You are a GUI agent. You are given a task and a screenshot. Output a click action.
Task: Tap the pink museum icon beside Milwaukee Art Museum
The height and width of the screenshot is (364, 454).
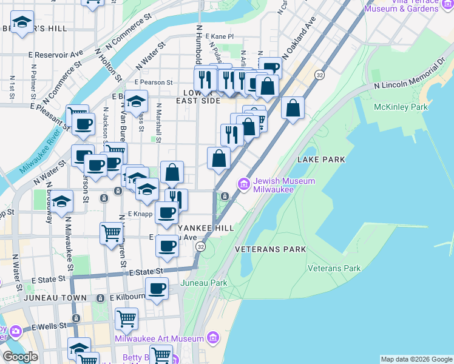coord(212,337)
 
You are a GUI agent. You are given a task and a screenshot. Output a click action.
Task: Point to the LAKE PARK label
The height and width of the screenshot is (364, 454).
coord(321,160)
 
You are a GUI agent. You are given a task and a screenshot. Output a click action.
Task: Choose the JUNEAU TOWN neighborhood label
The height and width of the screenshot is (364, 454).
coord(56,298)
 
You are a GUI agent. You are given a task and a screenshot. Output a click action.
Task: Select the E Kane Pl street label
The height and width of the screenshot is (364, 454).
coord(219,37)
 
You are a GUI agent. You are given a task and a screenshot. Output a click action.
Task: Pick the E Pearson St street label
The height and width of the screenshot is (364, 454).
coord(154,82)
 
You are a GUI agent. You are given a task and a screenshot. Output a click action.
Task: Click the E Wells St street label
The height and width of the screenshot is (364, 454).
coord(48,327)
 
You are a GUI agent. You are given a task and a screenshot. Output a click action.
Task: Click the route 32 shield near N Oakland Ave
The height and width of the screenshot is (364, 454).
coord(318,73)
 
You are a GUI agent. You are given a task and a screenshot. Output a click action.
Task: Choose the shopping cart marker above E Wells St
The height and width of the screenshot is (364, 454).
coord(126,318)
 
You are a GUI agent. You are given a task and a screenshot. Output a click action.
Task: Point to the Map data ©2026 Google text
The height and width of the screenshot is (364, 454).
coord(416,359)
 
